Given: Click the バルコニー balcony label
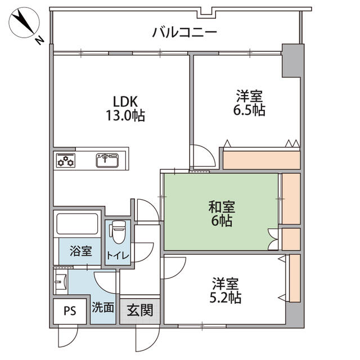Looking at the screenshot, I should coord(184,32).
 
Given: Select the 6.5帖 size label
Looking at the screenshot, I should coord(250,110).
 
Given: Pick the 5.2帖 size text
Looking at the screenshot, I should coord(226,297).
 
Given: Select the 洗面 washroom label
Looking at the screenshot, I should coord(103,308).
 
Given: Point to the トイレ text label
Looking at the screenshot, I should coord(119,256).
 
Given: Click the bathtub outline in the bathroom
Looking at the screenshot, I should coord(78,224).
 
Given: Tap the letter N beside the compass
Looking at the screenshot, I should coord(39,40).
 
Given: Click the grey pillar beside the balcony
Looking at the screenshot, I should coord(291,61).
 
